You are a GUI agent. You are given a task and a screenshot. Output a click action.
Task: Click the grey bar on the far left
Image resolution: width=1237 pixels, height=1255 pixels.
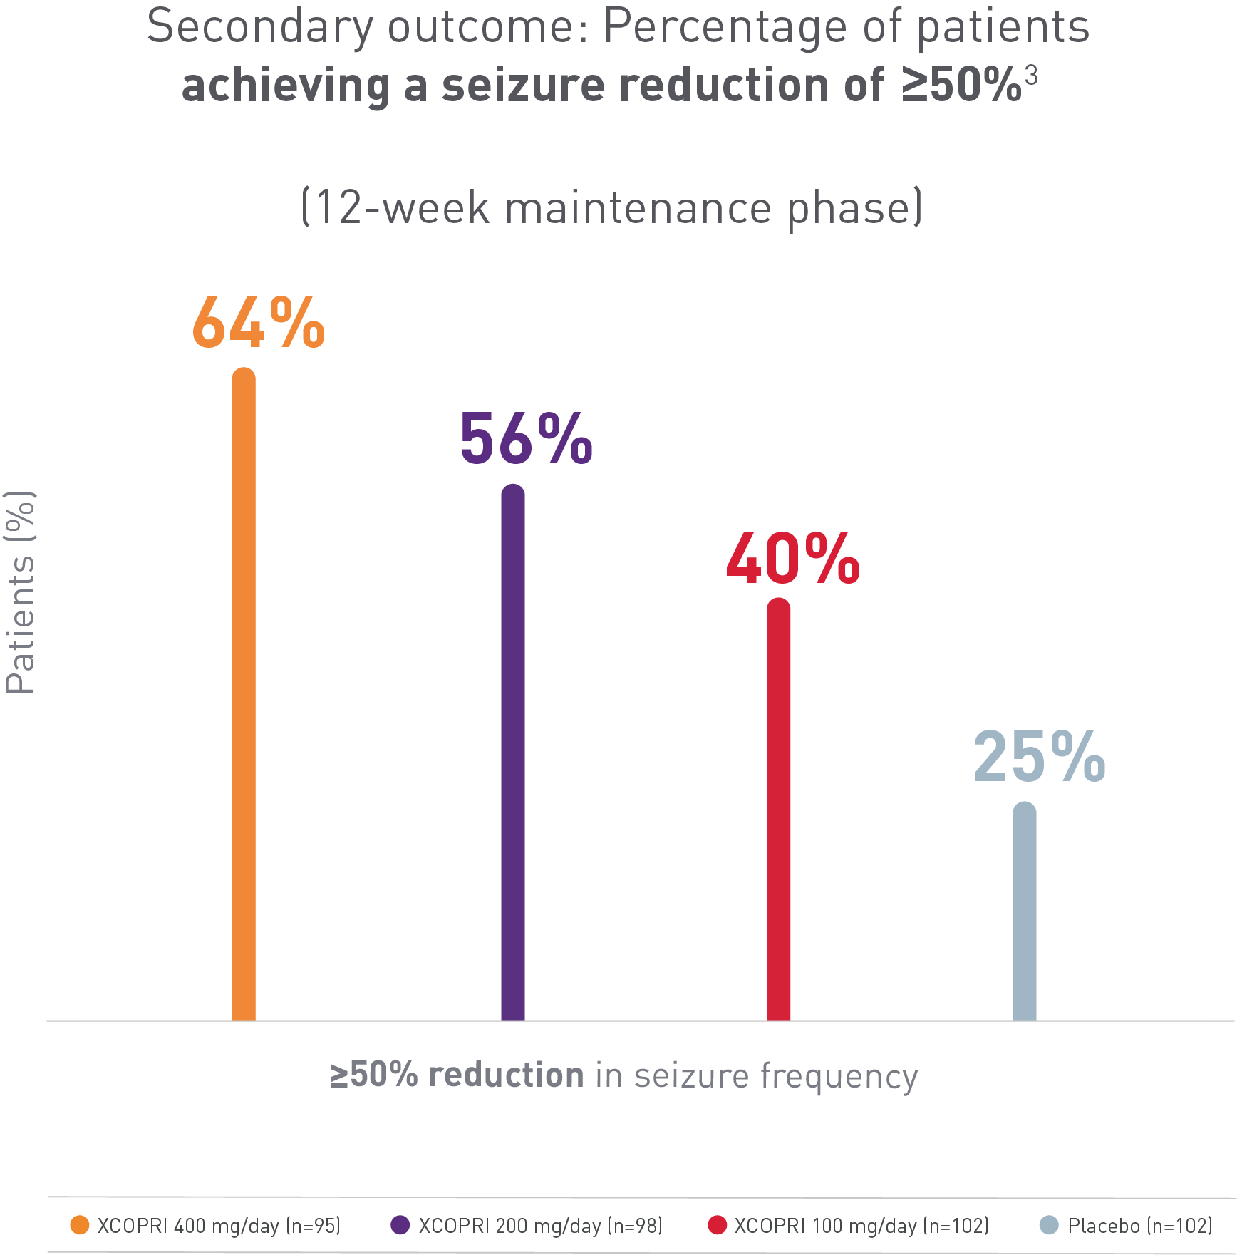pyautogui.click(x=116, y=755)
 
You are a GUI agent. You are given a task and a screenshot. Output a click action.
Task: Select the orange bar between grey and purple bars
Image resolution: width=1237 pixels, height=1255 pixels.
pyautogui.click(x=346, y=713)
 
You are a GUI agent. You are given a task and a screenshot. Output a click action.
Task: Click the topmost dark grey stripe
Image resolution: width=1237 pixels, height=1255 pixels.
pyautogui.click(x=618, y=30)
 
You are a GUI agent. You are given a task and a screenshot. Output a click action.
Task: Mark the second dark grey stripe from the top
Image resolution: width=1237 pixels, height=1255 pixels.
pyautogui.click(x=618, y=87)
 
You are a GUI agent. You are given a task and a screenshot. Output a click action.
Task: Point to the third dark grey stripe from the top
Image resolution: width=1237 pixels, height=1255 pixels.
pyautogui.click(x=618, y=209)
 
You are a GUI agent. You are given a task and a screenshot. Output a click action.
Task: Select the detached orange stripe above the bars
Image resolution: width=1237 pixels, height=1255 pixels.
pyautogui.click(x=618, y=321)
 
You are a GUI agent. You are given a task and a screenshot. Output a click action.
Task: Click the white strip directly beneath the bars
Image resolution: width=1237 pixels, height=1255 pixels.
pyautogui.click(x=618, y=1040)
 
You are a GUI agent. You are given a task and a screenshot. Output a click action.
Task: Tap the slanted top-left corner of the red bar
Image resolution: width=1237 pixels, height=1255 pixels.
pyautogui.click(x=735, y=549)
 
